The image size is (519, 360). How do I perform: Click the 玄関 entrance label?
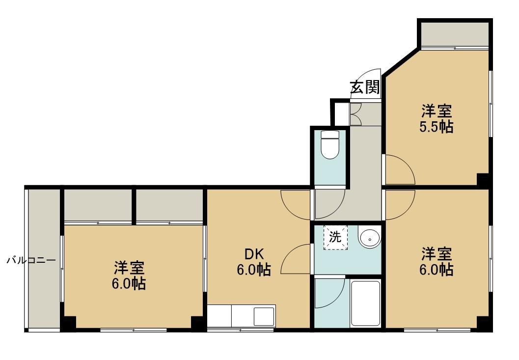click(x=365, y=87)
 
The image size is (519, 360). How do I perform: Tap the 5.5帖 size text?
click(x=436, y=127)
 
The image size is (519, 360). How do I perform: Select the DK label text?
click(x=253, y=254)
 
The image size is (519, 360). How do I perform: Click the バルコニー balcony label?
click(x=31, y=260)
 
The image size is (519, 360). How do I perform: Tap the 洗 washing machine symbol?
click(x=335, y=237)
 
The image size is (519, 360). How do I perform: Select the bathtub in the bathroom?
click(x=365, y=304)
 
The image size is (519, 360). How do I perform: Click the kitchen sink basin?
click(x=264, y=316)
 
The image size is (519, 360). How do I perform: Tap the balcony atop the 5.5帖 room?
click(x=455, y=35)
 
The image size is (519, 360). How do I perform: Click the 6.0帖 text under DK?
click(x=253, y=270)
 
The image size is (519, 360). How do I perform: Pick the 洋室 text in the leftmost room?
click(x=129, y=268)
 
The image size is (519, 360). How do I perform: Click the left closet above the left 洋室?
click(x=98, y=205)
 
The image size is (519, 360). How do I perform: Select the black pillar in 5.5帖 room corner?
click(x=483, y=179)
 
